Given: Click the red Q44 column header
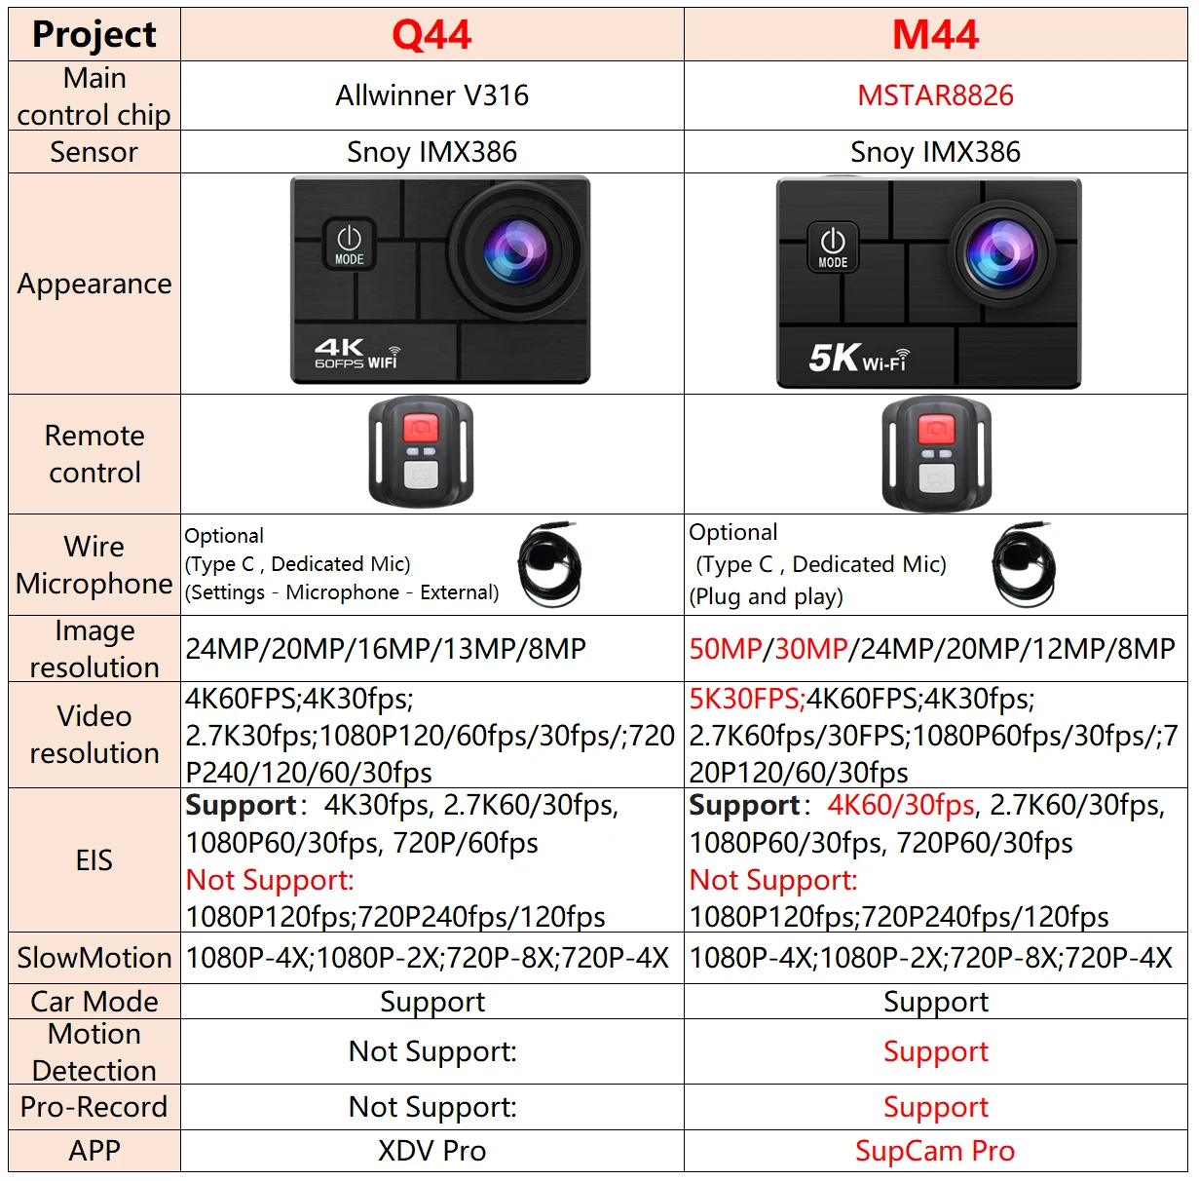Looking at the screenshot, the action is [431, 35].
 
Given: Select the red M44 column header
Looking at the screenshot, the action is [935, 35].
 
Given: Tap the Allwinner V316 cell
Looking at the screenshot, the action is [431, 95].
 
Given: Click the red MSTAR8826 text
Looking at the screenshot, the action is [935, 95].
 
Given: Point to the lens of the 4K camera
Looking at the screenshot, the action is [516, 250].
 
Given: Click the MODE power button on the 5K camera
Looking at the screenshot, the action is [833, 248].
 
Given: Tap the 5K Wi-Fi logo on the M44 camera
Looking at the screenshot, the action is [859, 358].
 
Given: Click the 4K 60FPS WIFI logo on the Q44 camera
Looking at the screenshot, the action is [357, 353].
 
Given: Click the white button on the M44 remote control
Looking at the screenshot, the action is [936, 478].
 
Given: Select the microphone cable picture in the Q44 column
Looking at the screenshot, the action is [550, 565].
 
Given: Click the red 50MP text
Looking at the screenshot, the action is [726, 649].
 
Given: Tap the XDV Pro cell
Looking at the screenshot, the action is [431, 1151].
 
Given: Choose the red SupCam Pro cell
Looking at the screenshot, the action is [935, 1151].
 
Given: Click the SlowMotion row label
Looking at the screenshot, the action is [94, 958].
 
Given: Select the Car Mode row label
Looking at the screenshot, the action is [94, 1002].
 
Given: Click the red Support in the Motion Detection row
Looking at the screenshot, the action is [936, 1052].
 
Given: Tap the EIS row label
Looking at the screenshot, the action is [94, 860].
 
